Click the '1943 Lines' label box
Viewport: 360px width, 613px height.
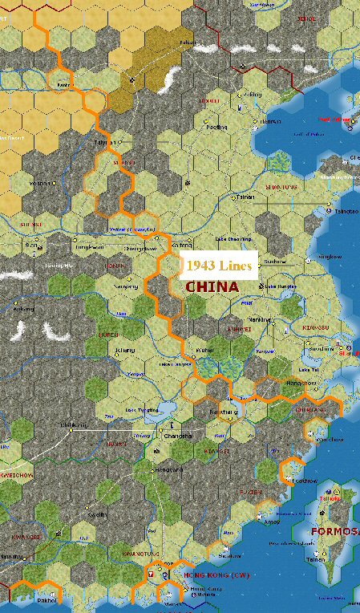coord(219,265)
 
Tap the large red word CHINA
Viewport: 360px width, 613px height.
coord(212,286)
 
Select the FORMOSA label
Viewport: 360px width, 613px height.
coord(325,530)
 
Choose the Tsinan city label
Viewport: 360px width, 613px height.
coord(245,195)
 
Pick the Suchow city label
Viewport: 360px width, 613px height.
coord(274,261)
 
